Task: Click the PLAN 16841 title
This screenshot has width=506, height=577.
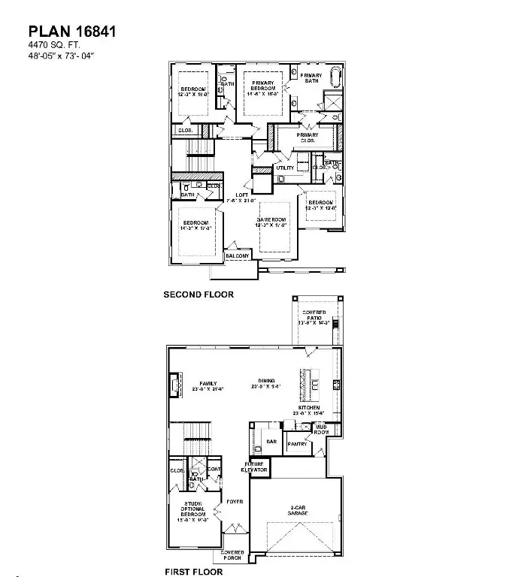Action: [72, 32]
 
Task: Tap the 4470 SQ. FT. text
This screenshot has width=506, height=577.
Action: [53, 46]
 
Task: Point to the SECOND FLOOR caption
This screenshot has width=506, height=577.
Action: [198, 295]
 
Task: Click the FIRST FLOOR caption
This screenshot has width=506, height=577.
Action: [195, 572]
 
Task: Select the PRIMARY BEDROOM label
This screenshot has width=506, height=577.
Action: [263, 86]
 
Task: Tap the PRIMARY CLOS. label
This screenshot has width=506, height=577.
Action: [308, 137]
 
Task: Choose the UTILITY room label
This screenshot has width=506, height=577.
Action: [285, 168]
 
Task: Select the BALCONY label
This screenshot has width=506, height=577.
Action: [238, 256]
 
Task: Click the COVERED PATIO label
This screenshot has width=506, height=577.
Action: [314, 319]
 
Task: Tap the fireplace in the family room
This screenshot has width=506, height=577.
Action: [174, 385]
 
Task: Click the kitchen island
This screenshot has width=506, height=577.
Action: [307, 385]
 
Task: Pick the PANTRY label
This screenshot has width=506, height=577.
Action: [295, 444]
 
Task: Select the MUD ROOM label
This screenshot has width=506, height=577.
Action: [321, 429]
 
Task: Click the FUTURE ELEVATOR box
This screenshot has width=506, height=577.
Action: [254, 467]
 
